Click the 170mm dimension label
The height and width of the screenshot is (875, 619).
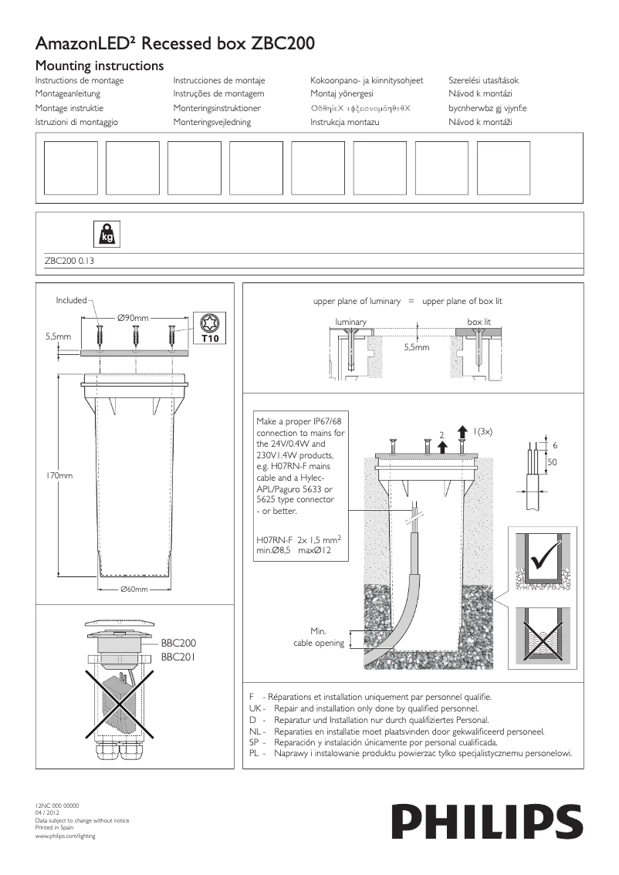59,476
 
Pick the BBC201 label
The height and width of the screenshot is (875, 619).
178,657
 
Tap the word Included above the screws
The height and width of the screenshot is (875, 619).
71,300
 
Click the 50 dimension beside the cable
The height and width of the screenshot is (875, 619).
552,461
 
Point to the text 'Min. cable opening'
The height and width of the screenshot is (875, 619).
319,637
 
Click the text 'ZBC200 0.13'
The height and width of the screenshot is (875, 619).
69,262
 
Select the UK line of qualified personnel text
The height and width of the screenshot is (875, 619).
374,708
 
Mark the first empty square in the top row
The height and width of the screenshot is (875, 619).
71,167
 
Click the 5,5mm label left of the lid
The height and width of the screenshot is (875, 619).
59,337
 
